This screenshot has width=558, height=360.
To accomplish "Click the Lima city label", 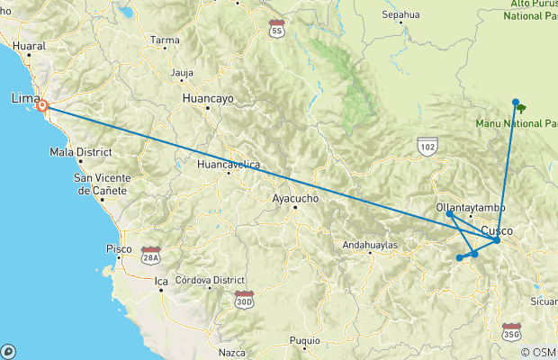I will pyautogui.click(x=24, y=97).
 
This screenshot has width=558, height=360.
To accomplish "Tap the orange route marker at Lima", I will pyautogui.click(x=42, y=106).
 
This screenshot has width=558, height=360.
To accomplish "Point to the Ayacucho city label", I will pyautogui.click(x=296, y=198).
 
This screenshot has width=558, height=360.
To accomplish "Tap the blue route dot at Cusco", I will pyautogui.click(x=497, y=240).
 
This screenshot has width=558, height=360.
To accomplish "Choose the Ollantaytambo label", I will pyautogui.click(x=471, y=208).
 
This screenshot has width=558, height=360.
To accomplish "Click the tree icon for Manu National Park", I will pyautogui.click(x=522, y=108).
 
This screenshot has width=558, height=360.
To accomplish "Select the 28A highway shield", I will pyautogui.click(x=149, y=256).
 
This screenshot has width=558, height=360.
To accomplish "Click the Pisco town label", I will pyautogui.click(x=119, y=247).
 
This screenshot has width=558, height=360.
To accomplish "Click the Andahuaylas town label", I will pyautogui.click(x=375, y=244).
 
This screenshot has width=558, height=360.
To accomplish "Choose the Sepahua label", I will pyautogui.click(x=400, y=15).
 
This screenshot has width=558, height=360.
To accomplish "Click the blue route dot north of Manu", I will pyautogui.click(x=516, y=102).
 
